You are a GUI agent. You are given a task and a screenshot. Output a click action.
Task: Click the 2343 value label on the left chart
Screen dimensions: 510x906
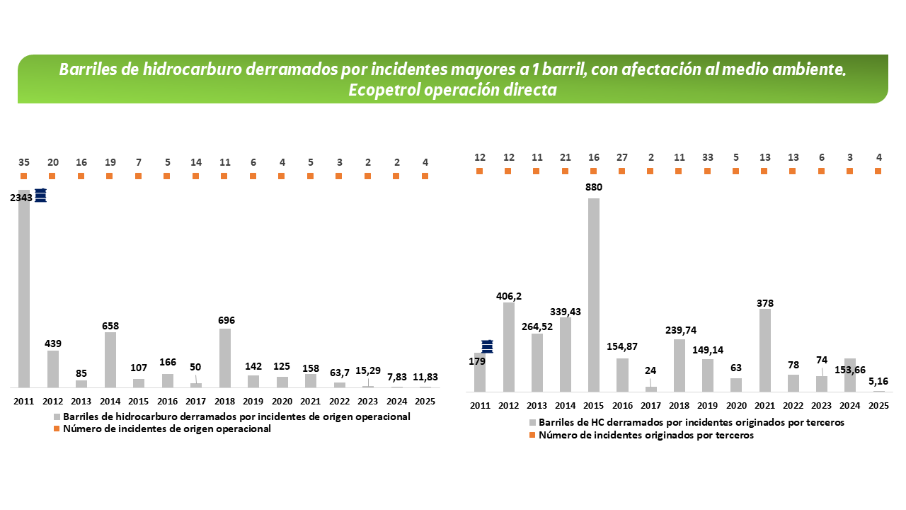pos(21,198)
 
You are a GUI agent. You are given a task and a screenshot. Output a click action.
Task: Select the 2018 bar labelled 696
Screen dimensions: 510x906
pos(224,358)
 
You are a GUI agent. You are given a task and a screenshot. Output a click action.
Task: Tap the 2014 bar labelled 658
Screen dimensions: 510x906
pos(110,360)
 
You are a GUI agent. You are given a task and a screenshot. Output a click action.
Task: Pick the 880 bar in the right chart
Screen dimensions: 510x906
pos(594,295)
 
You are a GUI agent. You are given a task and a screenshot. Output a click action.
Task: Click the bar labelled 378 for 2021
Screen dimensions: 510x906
pos(764,350)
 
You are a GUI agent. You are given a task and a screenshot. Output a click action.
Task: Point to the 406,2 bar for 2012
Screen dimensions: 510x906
pos(508,347)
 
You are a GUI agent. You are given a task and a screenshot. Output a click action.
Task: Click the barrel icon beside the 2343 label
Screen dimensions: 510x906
pos(41,195)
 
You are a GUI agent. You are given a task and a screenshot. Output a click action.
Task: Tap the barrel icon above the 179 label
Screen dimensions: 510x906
pos(487,346)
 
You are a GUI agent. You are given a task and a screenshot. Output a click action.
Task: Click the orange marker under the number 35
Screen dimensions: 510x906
pos(23,176)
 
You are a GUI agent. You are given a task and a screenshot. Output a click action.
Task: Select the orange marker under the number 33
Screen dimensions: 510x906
pos(707,171)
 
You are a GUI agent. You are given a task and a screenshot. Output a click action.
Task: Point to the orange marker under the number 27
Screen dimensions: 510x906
pos(621,171)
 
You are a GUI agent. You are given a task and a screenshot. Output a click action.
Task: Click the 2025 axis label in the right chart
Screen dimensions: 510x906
pos(878,405)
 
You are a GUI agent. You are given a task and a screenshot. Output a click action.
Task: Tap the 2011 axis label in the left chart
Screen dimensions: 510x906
pos(23,401)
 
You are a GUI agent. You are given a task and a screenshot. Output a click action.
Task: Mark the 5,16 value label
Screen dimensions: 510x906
pos(878,382)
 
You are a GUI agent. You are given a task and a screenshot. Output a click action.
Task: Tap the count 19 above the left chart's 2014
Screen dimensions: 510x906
pos(110,161)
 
